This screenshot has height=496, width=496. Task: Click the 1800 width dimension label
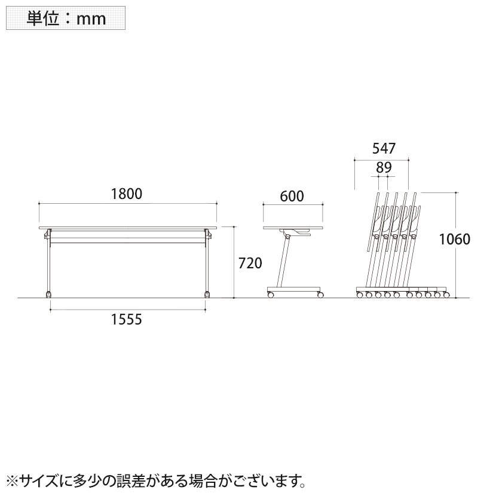point(127,194)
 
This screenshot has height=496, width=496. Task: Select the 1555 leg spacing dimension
point(127,320)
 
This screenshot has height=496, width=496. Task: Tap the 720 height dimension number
point(250,263)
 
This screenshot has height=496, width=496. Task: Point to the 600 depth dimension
point(292,196)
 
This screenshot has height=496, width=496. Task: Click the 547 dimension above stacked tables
point(384,148)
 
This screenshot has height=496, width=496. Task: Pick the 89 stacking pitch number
point(384,167)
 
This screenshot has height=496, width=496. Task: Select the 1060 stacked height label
point(455,239)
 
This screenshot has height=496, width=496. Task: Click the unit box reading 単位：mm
point(66,18)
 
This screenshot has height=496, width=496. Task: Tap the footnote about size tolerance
point(156,481)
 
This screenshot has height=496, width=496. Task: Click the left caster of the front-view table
point(49,295)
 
